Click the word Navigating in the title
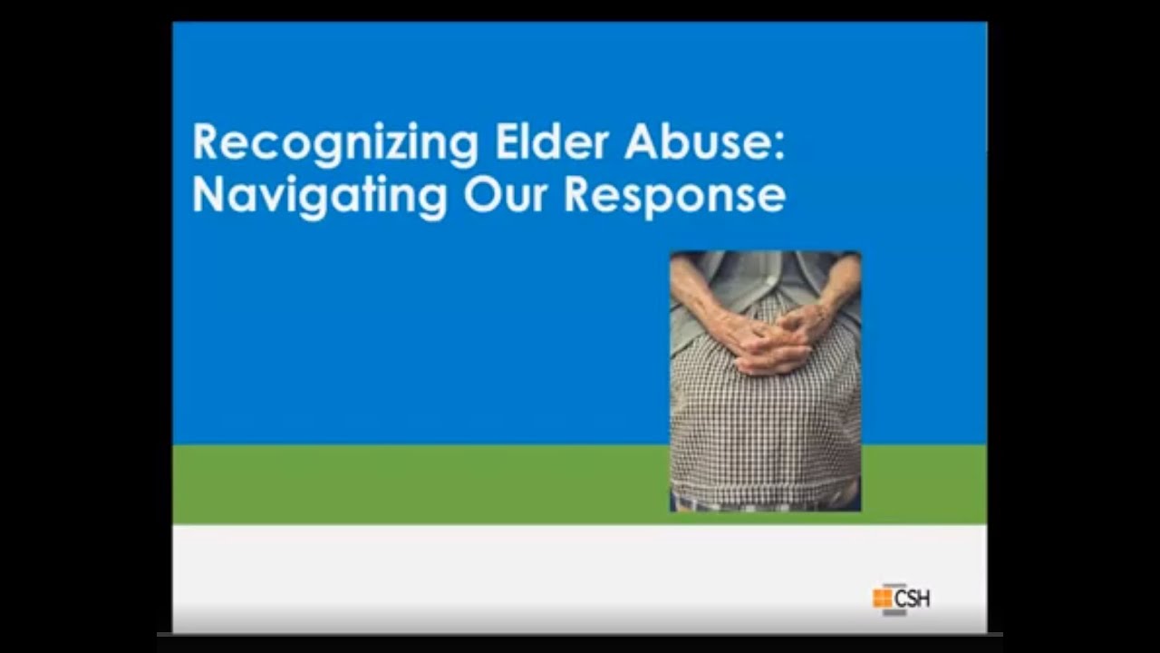320,196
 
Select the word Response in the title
674,196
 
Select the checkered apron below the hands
766,426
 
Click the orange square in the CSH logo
882,598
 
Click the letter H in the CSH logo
923,598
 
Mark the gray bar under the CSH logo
894,613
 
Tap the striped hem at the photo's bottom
766,502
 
